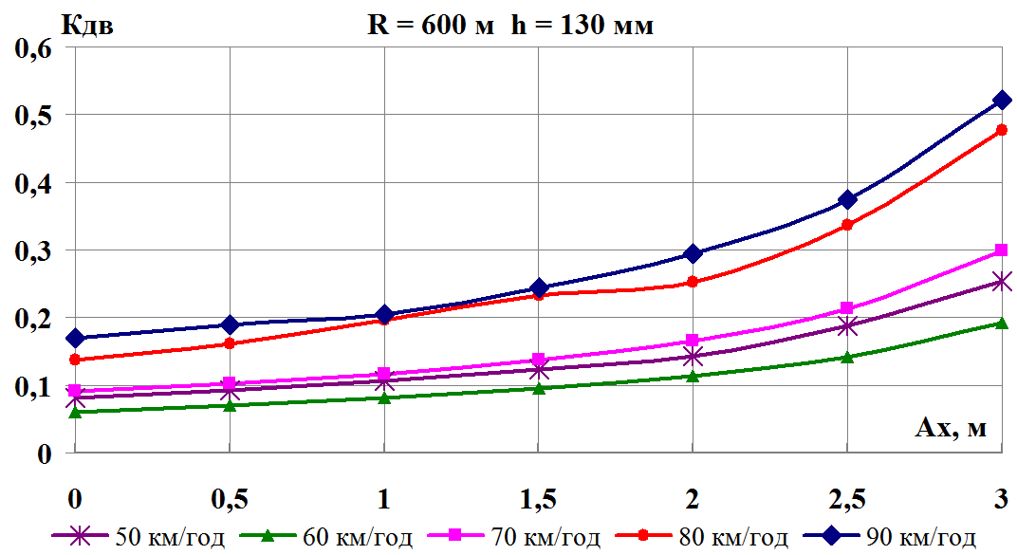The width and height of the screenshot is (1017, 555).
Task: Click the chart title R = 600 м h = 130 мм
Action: (x=510, y=26)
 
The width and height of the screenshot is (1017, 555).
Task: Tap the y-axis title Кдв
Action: (x=87, y=26)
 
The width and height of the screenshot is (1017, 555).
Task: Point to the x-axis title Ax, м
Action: (x=951, y=429)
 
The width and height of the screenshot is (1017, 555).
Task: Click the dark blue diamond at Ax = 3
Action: (x=1001, y=100)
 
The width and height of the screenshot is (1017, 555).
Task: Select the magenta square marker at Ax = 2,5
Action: (x=847, y=308)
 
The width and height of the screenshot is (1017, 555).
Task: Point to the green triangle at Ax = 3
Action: (x=1001, y=323)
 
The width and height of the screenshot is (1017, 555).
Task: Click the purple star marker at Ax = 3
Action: (x=1001, y=282)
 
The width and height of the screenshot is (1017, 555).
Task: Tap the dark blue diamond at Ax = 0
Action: (x=75, y=338)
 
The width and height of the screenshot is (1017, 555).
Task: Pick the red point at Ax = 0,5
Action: (x=230, y=343)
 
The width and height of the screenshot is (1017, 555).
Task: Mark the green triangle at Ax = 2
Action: (x=693, y=376)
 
